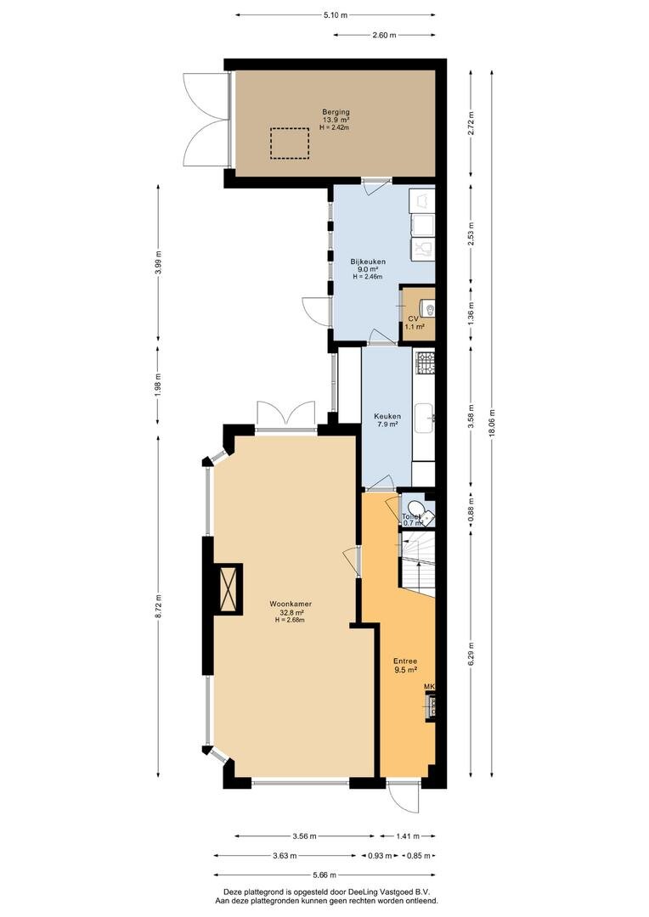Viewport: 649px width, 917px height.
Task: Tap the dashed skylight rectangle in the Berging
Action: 289,143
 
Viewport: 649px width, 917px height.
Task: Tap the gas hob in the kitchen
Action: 425,363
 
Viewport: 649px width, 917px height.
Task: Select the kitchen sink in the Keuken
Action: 424,418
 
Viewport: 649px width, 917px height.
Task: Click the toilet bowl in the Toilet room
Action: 417,507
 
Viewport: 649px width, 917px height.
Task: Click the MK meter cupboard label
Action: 430,687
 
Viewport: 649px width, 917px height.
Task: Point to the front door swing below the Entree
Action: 406,796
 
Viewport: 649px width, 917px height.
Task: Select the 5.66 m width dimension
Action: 324,875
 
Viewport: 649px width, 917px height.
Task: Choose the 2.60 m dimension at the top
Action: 384,35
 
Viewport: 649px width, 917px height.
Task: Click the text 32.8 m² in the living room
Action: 291,612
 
